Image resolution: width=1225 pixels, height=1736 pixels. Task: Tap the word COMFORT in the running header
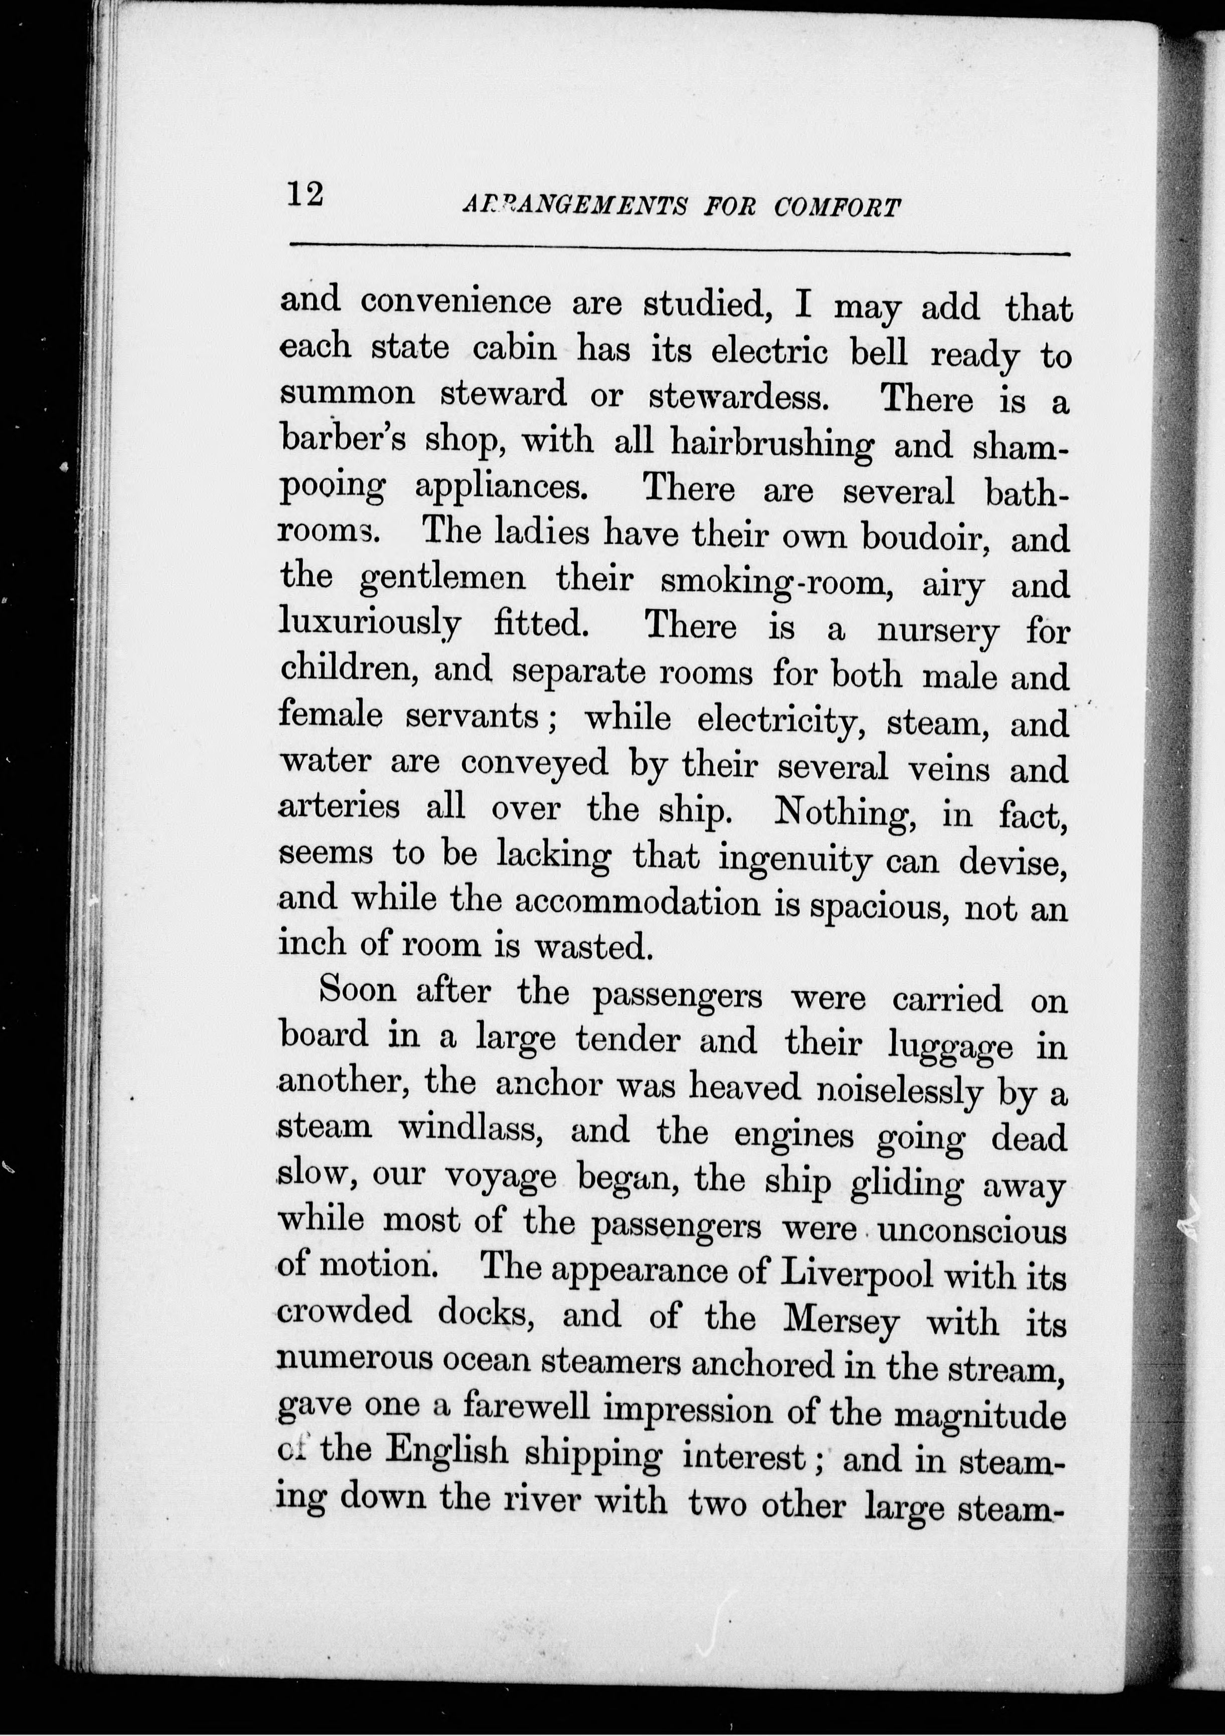[837, 208]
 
